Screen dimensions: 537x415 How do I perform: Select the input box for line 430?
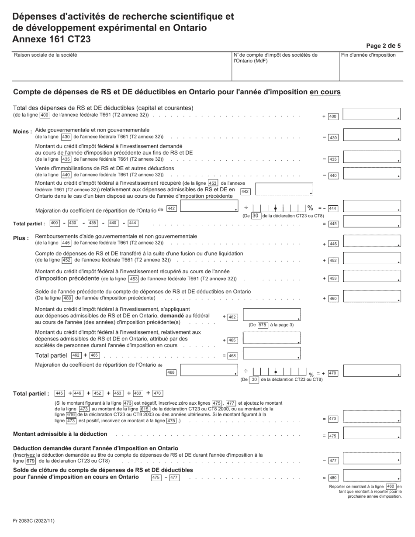[372, 135]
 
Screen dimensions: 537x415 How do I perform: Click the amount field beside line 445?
[372, 222]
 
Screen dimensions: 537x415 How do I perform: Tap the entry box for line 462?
[272, 315]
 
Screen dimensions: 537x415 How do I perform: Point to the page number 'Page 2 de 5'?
[383, 45]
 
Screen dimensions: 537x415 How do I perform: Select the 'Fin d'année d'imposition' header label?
[368, 55]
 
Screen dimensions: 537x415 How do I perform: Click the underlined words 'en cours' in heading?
[325, 92]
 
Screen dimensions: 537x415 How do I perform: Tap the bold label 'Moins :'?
[22, 132]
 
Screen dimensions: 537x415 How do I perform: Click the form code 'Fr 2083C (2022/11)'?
[34, 521]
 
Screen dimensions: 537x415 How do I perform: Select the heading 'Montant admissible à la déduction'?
[60, 434]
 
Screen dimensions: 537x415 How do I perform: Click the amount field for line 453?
[372, 276]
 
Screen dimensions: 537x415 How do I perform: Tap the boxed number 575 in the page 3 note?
[262, 325]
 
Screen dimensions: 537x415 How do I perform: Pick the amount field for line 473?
[372, 417]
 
